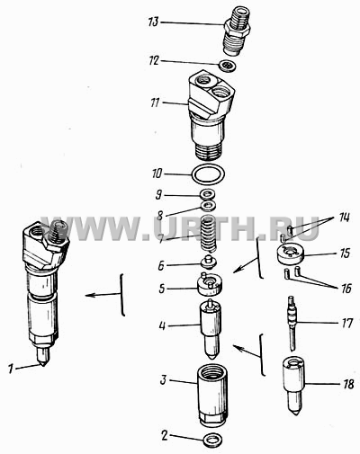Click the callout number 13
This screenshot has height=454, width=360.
click(x=153, y=22)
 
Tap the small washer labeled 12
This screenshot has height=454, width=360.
click(x=228, y=66)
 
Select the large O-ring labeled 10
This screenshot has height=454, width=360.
click(x=209, y=174)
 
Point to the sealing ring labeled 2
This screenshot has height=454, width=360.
click(x=212, y=441)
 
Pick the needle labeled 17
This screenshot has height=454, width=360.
click(x=292, y=323)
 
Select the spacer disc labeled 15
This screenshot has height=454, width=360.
click(x=290, y=254)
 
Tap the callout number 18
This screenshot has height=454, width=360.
click(x=348, y=384)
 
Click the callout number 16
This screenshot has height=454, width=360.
click(x=346, y=289)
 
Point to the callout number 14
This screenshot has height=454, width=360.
click(x=344, y=218)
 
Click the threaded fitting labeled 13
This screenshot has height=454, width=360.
click(x=237, y=31)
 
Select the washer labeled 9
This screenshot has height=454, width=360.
click(x=208, y=195)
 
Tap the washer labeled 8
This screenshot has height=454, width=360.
click(x=209, y=206)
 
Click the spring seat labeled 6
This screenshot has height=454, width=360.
click(x=209, y=263)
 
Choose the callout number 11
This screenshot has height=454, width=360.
click(x=155, y=102)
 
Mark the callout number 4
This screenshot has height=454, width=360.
click(x=162, y=325)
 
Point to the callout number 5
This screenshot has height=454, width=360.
click(x=162, y=289)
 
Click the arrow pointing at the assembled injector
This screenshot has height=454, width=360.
click(x=103, y=295)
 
